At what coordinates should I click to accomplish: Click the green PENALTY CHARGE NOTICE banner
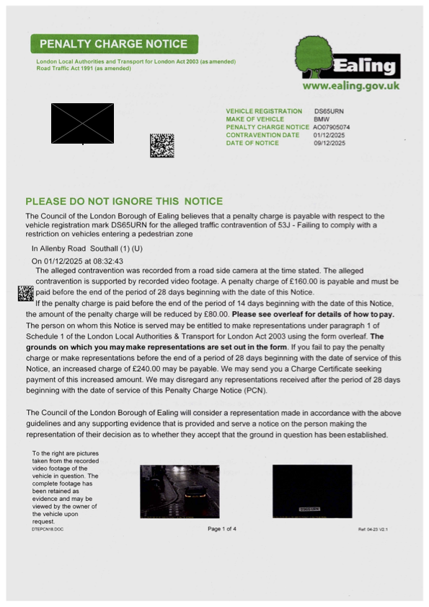tap(115, 44)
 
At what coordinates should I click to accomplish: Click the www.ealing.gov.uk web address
tap(350, 86)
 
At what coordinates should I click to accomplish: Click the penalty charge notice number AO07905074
tap(330, 127)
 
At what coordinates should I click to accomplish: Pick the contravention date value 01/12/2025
tap(329, 135)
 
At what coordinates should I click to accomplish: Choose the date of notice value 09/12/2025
tap(329, 143)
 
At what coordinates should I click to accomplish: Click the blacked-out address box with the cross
tap(82, 123)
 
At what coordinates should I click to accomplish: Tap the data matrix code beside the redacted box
tap(162, 145)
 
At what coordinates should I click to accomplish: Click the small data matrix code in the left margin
tap(25, 293)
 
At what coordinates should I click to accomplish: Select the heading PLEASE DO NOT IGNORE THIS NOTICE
tap(124, 201)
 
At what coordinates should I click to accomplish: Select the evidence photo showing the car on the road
tap(180, 491)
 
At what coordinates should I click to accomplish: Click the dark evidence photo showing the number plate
tap(311, 491)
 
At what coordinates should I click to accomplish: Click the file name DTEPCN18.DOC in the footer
tap(48, 529)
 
